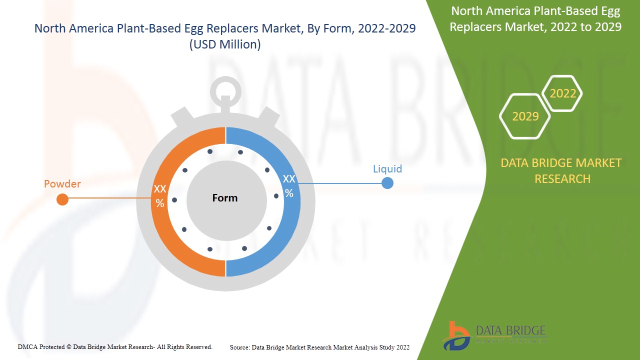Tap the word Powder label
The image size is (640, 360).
coord(62,184)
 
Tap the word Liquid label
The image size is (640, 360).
coord(387,168)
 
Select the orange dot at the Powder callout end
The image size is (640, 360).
coord(62,199)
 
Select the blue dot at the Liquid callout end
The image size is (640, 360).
coord(387,183)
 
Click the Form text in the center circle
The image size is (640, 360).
coord(225,198)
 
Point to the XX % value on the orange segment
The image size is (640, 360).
coord(160,195)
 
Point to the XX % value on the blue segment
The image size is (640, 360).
coord(289,185)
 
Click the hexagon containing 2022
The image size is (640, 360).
coord(562,93)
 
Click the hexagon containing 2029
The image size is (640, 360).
coord(525,116)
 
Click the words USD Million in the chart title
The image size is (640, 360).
coord(225,44)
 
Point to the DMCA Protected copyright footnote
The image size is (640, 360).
coord(115,346)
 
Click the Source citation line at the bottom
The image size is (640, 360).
coord(320,347)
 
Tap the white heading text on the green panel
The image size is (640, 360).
coord(535,18)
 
